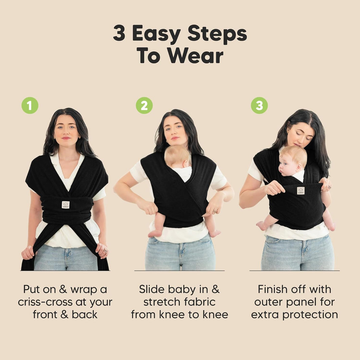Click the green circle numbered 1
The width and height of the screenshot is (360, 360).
30,106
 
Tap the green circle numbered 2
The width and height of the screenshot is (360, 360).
144,106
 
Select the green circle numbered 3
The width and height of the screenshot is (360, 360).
259,106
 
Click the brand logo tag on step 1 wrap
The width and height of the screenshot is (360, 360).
66,205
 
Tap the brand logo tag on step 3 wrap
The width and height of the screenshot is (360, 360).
301,191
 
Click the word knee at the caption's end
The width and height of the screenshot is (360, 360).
216,315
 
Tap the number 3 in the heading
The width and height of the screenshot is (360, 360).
119,34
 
